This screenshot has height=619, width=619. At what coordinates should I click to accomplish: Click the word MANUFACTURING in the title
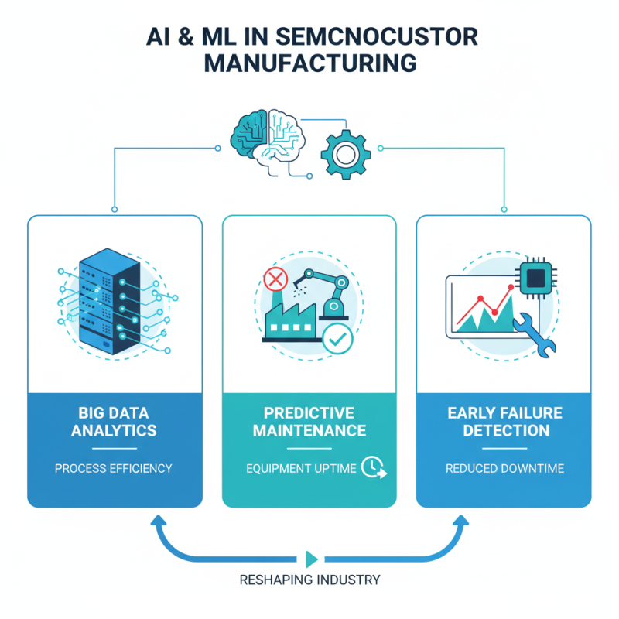click(309, 63)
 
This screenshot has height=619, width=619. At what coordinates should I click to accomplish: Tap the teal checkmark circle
click(337, 339)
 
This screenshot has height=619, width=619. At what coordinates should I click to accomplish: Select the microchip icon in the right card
click(536, 276)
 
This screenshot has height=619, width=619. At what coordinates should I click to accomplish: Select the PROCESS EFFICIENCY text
click(114, 468)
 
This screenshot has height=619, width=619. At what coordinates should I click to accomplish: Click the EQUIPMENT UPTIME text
click(301, 468)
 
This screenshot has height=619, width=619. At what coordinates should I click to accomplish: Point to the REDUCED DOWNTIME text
click(505, 468)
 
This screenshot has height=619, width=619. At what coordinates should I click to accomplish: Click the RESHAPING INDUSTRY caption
click(309, 580)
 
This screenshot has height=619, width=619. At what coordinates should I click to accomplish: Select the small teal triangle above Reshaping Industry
click(311, 559)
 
